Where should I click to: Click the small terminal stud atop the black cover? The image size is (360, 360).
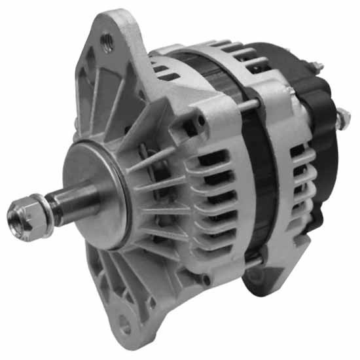coord(316,67)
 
